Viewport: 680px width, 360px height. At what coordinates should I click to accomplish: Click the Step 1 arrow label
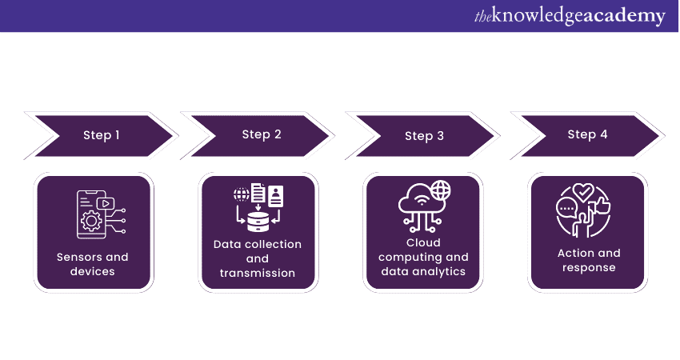click(102, 135)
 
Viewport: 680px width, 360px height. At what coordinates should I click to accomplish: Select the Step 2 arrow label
click(262, 134)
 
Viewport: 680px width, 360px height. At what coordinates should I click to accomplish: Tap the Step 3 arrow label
click(424, 136)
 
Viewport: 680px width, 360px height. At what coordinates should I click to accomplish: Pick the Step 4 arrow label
click(587, 134)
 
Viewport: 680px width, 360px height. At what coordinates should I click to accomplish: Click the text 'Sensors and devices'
click(92, 264)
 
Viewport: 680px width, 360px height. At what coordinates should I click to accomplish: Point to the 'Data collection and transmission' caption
click(258, 258)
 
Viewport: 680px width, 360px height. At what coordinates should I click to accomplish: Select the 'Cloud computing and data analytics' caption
click(423, 257)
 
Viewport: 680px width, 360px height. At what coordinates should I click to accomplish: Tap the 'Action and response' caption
click(588, 260)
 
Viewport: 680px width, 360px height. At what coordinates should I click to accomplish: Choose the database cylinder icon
click(258, 217)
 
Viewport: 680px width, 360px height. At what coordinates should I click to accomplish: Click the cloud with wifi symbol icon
click(418, 201)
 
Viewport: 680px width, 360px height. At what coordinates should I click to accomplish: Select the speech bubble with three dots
click(567, 207)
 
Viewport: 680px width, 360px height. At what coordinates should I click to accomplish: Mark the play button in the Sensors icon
click(102, 203)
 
